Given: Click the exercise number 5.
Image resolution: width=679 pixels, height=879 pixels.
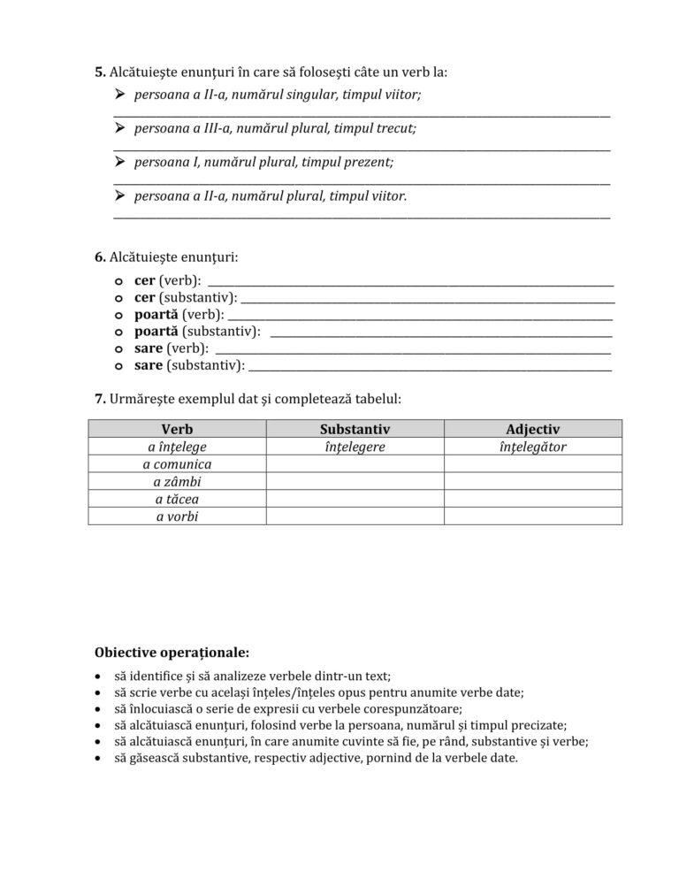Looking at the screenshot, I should coord(99,71).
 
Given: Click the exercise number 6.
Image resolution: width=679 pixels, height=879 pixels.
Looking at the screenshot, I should coord(99,257).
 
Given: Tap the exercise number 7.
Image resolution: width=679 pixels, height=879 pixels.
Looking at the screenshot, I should coord(99,399).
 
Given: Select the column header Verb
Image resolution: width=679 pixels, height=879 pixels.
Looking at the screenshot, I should coord(177,429).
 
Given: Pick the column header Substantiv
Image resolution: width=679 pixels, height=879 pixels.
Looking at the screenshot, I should coord(355,429).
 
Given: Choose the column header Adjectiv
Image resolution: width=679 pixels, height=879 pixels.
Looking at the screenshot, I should coord(532,429).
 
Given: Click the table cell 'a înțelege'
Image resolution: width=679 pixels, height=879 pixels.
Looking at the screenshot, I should coord(177,447).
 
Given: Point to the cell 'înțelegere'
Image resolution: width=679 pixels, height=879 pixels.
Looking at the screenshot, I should coord(355,447).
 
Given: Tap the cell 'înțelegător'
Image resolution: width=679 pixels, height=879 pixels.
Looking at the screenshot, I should coord(532,447).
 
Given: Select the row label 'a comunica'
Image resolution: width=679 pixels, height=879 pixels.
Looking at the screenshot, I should coord(177,464).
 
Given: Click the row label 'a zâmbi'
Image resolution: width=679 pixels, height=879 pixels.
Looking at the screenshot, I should coord(177,481).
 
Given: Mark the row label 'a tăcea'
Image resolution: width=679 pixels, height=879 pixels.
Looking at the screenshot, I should coord(177,499).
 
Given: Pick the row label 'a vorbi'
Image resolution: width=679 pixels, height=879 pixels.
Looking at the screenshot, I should coord(177,516).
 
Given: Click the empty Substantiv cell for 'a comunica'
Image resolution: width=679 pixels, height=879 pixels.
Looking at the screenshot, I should coord(355,464).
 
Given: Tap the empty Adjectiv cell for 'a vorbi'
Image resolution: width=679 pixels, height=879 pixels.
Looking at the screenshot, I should coord(532,516).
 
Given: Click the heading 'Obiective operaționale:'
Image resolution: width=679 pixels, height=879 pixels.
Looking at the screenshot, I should coord(172,654).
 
